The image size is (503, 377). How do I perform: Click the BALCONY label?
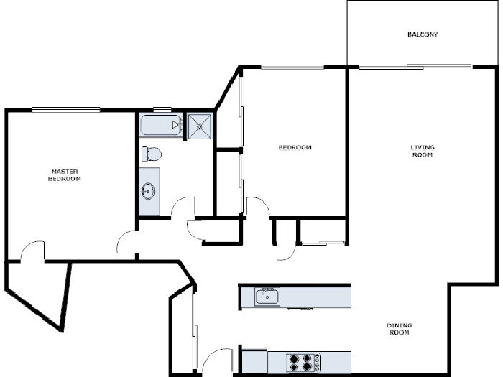[422, 34]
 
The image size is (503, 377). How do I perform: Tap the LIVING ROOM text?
[422, 151]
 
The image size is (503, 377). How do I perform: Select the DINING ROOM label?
[400, 329]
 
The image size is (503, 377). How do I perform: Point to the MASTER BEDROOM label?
[64, 174]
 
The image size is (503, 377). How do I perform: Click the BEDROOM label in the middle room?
[295, 147]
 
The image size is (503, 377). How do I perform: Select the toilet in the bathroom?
[152, 154]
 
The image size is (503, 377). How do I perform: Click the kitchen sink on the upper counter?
[267, 296]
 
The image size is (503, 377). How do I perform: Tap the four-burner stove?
[303, 362]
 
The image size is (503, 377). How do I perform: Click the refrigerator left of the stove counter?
[253, 360]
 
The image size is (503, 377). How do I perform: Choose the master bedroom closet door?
[32, 251]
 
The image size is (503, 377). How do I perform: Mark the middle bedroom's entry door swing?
[258, 206]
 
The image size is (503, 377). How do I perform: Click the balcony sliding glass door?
[415, 67]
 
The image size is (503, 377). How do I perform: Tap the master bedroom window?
[65, 109]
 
